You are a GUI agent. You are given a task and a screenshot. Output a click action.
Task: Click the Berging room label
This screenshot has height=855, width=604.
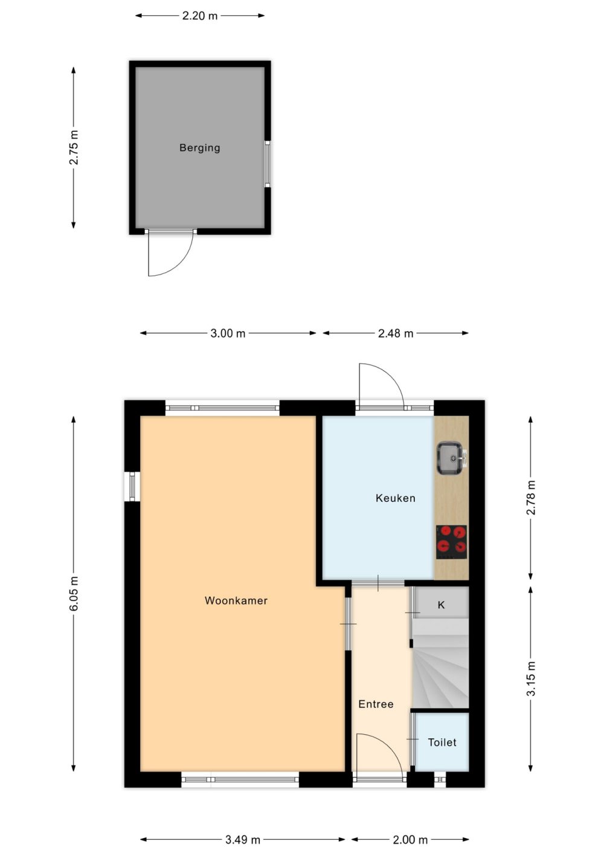tap(200, 148)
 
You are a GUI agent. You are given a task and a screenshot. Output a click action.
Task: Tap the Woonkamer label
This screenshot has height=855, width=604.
tap(236, 600)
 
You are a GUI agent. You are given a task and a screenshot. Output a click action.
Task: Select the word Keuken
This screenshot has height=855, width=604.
tap(396, 498)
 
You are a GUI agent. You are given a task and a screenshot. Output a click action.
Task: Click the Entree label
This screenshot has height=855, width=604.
tap(376, 704)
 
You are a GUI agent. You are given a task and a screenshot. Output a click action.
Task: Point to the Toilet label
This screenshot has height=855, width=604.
tap(442, 743)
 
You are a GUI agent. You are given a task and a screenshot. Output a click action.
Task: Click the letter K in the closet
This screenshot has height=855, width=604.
tap(441, 605)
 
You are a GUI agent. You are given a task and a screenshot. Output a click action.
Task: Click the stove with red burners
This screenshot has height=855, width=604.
tap(451, 542)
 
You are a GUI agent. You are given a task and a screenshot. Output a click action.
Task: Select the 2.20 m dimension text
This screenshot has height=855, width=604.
tap(200, 16)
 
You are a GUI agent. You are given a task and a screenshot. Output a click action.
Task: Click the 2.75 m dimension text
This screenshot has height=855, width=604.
tap(74, 148)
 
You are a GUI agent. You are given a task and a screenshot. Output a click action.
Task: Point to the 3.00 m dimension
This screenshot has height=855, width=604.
tap(228, 333)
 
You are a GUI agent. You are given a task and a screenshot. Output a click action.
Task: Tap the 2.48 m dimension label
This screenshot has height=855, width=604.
tap(396, 333)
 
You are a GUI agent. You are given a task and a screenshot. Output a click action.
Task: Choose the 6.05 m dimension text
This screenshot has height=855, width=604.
tap(74, 593)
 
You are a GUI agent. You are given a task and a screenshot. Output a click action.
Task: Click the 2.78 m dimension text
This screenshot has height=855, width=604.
tap(531, 498)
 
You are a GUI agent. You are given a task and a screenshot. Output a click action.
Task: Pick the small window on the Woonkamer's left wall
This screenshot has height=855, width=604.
tap(132, 486)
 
